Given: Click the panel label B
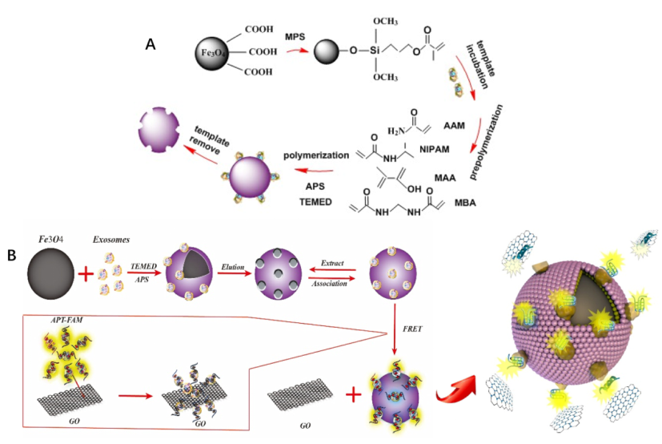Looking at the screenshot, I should click(x=13, y=256).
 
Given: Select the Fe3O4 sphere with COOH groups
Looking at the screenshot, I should click(x=213, y=54).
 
